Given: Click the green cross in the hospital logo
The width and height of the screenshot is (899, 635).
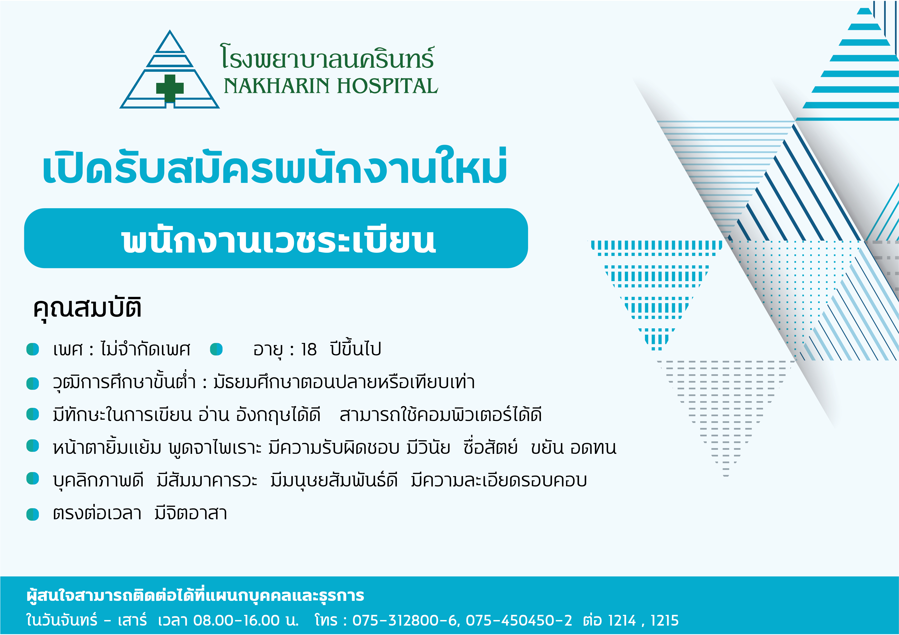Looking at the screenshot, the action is coord(170,88).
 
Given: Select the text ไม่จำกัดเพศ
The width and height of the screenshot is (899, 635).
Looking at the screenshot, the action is coord(145,348).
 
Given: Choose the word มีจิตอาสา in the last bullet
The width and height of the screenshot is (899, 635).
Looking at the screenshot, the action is coord(191,513).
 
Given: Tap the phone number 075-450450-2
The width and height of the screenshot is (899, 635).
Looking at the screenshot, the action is coord(519,620).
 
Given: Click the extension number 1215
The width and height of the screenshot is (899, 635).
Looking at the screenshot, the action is coord(664,620).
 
